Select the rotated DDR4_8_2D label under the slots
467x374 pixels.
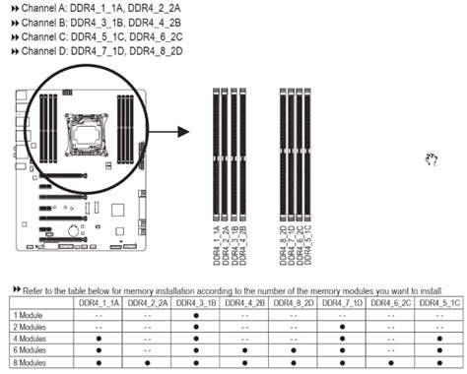click(x=283, y=242)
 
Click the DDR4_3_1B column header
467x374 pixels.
click(x=198, y=304)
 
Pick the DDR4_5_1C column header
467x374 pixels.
click(x=439, y=304)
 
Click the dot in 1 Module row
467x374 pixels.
click(x=198, y=315)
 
